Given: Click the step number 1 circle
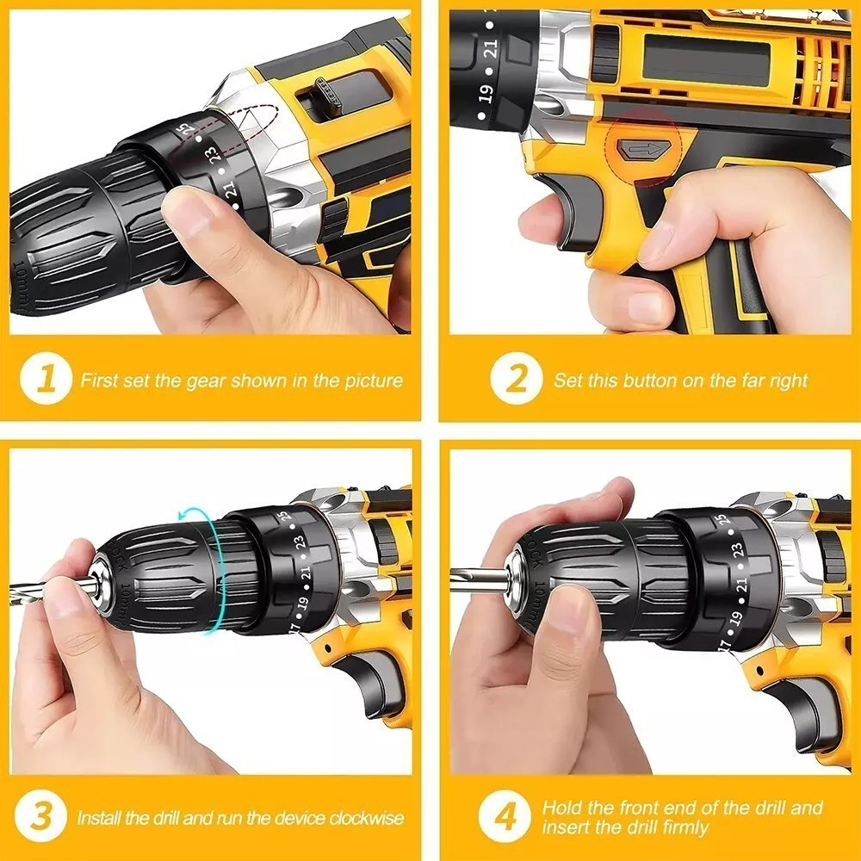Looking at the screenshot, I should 46,380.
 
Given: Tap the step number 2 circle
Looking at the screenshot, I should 517,380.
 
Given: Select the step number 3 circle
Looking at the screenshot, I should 43,816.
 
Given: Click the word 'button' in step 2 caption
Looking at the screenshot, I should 649,381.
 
